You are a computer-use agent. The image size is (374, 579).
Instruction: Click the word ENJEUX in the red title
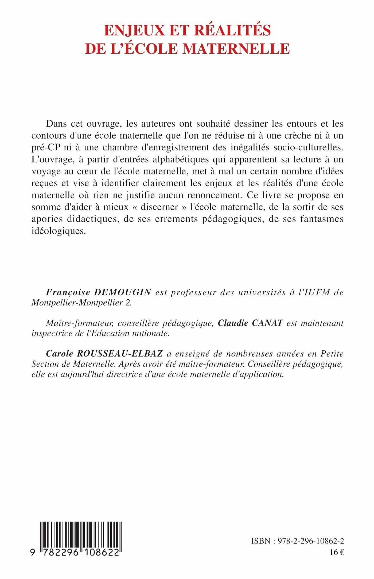134,30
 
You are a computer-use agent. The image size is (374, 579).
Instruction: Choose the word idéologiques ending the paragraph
59,231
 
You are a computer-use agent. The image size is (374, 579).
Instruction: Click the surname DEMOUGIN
123,292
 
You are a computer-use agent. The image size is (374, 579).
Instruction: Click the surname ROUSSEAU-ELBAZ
120,354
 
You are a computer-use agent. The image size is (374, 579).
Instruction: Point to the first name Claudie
233,323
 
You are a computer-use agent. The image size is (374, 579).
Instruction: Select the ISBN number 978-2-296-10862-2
311,541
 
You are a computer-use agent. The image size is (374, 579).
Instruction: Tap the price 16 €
337,552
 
